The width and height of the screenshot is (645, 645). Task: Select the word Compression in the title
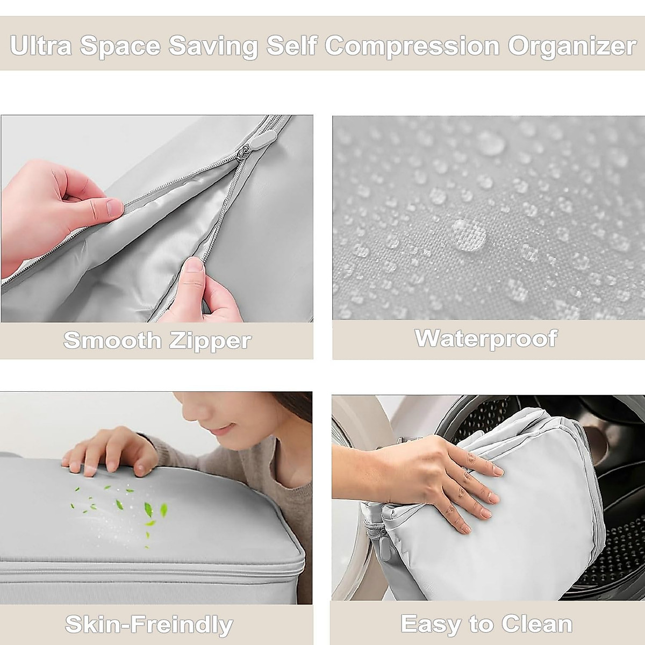point(412,46)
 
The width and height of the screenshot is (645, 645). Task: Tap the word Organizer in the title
point(572,46)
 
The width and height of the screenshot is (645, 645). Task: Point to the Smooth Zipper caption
point(157,341)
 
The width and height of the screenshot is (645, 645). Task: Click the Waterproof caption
point(486,339)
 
